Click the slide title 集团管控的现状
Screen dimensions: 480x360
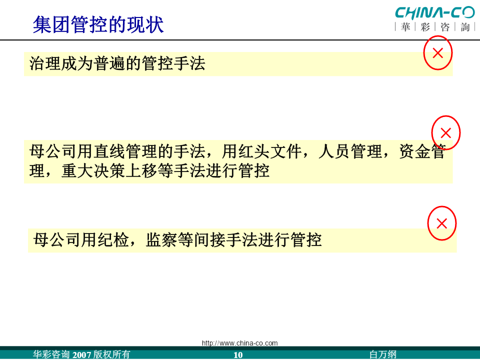tap(98, 24)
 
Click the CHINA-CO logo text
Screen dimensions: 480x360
tap(434, 13)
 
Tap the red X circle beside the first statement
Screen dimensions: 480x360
tap(438, 53)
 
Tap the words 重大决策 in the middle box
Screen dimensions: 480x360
tap(93, 171)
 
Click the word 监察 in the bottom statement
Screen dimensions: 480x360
tap(161, 239)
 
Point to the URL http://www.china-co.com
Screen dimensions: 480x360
tap(239, 343)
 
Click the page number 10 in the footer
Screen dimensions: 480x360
tap(238, 355)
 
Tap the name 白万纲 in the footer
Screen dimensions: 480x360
tap(383, 354)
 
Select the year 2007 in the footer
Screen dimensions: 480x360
tap(81, 355)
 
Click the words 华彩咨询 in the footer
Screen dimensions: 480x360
tap(51, 354)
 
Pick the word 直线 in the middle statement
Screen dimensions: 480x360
tap(109, 151)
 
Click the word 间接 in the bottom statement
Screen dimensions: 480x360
tap(210, 239)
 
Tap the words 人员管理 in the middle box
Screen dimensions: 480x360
tap(350, 151)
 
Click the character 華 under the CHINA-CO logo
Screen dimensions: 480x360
tap(405, 27)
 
